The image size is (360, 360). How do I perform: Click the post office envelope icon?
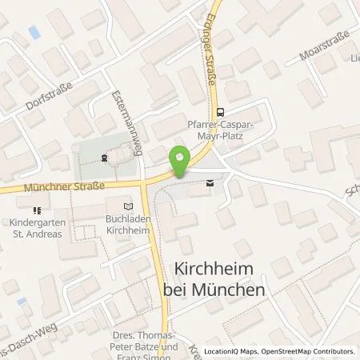210,183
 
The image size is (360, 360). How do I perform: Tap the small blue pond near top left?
34,33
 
